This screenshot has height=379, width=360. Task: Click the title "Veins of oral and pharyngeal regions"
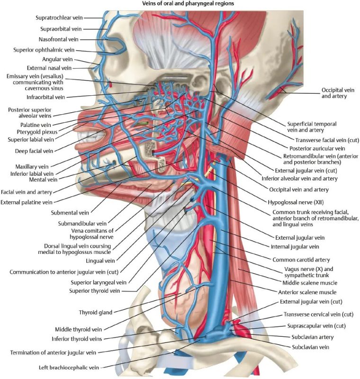189,4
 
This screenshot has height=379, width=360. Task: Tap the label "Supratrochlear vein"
59,18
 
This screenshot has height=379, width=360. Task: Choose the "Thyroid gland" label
97,312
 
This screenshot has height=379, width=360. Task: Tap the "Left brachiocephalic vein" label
70,367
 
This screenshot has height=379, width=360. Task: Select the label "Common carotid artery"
301,260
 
